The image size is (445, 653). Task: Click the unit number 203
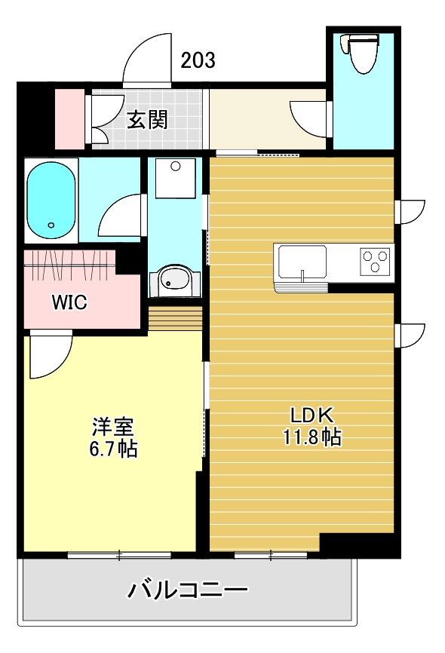click(198, 60)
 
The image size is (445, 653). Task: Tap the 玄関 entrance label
click(148, 120)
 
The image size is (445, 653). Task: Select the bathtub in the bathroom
click(51, 201)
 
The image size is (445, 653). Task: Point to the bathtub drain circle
click(51, 225)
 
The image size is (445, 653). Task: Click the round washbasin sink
click(175, 281)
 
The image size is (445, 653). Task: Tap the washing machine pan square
click(176, 178)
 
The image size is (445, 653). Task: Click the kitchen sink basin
click(302, 262)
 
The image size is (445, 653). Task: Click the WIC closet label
click(69, 302)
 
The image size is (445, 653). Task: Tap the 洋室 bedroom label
click(113, 427)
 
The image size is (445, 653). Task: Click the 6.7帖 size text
click(113, 449)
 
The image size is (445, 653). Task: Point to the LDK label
click(312, 415)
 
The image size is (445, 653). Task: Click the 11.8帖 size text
click(312, 437)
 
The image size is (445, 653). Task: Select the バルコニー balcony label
click(188, 590)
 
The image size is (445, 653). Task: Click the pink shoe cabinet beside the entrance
click(70, 118)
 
